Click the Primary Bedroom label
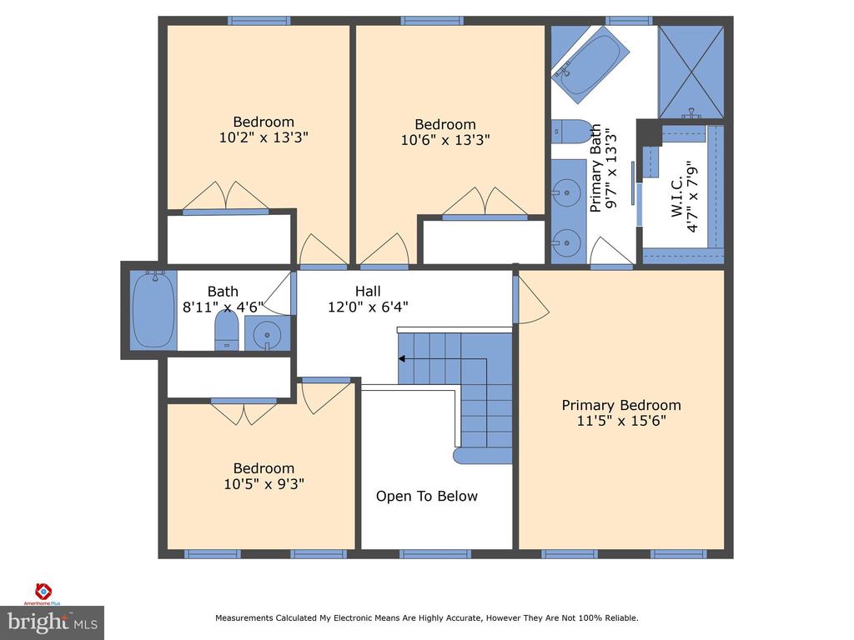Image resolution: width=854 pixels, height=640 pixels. click(620, 405)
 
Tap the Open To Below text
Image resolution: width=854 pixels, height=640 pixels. click(426, 496)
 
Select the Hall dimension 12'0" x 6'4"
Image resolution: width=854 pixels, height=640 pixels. click(368, 307)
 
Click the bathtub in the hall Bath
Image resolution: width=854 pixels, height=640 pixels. click(153, 310)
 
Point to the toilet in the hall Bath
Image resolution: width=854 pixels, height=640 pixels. click(227, 330)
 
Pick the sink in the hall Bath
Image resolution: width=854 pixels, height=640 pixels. click(268, 334)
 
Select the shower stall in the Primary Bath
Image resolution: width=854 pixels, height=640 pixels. click(691, 71)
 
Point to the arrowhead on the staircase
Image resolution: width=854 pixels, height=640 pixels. click(402, 359)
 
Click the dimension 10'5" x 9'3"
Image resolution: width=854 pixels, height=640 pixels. click(264, 483)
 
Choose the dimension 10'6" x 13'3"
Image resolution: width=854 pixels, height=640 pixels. click(445, 140)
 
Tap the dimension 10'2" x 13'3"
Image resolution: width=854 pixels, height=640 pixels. click(264, 137)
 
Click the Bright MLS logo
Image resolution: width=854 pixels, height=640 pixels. click(52, 622)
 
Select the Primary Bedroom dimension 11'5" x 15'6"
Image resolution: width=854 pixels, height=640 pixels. click(621, 421)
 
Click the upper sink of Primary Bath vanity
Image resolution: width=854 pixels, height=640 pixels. click(567, 192)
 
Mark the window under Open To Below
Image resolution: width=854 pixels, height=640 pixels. click(435, 553)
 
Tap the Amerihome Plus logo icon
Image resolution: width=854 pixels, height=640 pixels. click(44, 591)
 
